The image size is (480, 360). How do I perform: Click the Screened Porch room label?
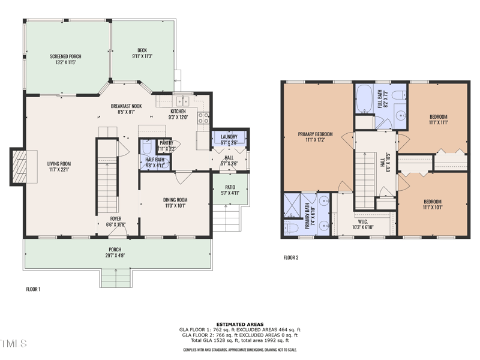(65, 58)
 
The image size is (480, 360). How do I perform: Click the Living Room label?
(59, 166)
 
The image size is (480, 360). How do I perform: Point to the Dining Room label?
(175, 202)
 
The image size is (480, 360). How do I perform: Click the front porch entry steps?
(116, 278)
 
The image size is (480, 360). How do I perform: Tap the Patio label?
(230, 190)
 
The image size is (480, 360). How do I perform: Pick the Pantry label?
(166, 145)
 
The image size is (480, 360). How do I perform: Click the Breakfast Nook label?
(126, 108)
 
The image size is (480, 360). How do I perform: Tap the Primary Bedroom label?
(316, 137)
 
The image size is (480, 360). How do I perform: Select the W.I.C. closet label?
(362, 224)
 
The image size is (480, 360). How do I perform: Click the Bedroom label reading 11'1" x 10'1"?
(433, 205)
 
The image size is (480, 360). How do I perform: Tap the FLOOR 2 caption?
(291, 258)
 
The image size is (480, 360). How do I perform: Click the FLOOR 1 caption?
(33, 289)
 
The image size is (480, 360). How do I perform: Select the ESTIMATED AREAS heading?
(240, 325)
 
